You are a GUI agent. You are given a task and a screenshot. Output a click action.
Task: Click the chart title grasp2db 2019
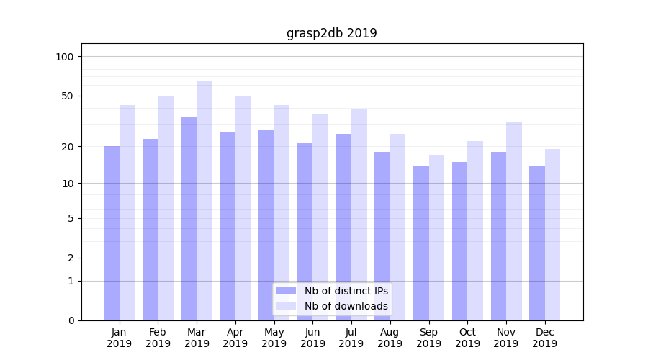point(331,33)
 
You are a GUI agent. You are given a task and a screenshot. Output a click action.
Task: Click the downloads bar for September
point(436,237)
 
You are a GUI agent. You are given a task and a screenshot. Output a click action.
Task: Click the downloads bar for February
point(166,208)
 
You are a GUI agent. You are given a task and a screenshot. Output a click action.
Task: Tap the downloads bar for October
point(475,230)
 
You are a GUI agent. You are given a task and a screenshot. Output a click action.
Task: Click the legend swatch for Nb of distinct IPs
point(286,291)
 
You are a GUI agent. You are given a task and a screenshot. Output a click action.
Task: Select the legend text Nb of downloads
point(346,306)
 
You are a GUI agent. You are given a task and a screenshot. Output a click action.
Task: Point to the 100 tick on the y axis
point(65,57)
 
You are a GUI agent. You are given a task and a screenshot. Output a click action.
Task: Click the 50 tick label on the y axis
point(68,96)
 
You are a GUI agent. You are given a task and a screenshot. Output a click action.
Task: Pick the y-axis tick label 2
point(71,258)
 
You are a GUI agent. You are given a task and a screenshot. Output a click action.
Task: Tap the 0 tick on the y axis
point(71,320)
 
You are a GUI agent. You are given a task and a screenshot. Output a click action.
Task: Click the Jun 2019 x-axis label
point(312,338)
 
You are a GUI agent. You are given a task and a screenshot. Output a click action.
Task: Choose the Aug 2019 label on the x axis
point(390,338)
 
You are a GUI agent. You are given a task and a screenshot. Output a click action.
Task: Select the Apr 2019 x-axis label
point(235,338)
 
